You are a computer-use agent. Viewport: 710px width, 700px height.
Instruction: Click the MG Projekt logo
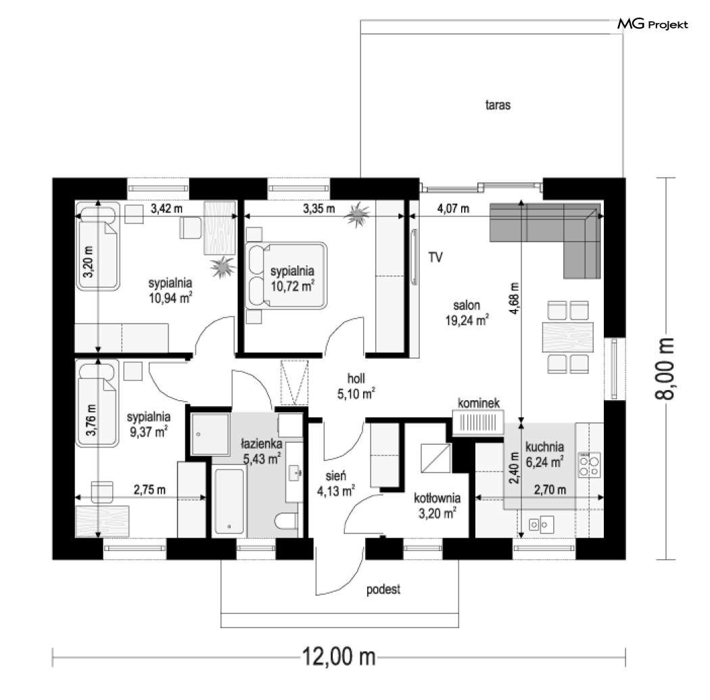pos(653,24)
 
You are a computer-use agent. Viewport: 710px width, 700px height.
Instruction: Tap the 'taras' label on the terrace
pos(498,105)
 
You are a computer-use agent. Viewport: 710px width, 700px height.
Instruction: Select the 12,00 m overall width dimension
pos(339,657)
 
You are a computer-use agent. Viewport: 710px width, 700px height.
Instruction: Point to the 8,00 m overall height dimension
pos(665,368)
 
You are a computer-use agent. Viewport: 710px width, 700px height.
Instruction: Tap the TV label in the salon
pos(435,257)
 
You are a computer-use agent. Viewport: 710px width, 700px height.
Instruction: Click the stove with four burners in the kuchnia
pos(589,465)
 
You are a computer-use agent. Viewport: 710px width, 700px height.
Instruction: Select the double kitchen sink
pos(541,525)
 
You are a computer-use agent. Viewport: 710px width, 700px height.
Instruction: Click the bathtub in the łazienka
pos(229,501)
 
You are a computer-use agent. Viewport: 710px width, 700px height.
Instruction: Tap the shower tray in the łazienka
pos(210,434)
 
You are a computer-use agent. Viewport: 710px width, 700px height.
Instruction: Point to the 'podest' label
pos(383,590)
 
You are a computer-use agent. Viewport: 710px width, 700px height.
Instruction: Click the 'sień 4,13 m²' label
pos(335,483)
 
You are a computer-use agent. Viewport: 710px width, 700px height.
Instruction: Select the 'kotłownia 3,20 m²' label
pos(437,506)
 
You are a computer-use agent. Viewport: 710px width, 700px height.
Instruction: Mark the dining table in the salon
pos(568,337)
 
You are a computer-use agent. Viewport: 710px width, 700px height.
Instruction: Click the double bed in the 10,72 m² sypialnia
pos(286,276)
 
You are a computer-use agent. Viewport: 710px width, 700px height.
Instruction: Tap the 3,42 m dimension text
pos(166,209)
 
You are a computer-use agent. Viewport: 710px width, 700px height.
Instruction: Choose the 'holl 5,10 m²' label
pos(356,387)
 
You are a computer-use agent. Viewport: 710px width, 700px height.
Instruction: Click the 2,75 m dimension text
pos(149,489)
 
